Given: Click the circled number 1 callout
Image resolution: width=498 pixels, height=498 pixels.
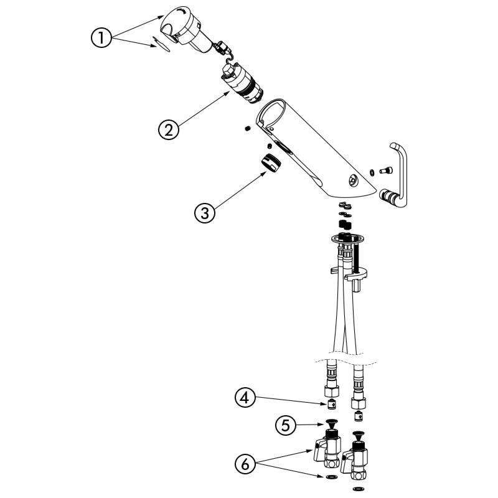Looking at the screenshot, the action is coord(101,38).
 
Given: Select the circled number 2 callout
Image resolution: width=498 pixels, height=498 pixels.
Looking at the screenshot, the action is coord(169,129).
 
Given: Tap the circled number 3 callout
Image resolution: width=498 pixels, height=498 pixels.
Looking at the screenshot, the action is coord(205,212).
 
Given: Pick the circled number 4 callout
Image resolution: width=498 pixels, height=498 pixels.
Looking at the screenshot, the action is coord(245,398).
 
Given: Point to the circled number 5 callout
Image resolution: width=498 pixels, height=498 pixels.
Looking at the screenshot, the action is coord(286,425).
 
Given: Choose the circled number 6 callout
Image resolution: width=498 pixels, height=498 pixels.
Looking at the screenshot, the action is coord(245,464).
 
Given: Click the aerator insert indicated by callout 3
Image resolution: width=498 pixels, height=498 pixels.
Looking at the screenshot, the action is coord(271,162).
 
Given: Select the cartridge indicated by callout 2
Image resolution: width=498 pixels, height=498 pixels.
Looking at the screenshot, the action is coord(242,83).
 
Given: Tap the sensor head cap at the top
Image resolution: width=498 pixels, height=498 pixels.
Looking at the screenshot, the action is coord(186,29).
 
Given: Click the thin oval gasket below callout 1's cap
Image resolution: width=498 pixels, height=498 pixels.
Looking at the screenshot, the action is coord(161,44).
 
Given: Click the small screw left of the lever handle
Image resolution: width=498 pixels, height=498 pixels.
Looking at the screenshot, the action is coord(386,171).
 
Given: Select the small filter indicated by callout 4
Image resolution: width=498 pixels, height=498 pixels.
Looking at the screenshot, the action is coord(332,405).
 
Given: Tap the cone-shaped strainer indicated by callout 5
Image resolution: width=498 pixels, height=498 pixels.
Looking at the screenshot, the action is coord(332,424).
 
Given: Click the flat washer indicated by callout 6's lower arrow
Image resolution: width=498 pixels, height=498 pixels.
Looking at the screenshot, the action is coord(332,477).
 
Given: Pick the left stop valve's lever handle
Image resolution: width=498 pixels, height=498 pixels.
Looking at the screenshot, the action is coord(319,449).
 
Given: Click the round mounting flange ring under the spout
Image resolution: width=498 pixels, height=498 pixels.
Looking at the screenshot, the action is coord(347,239).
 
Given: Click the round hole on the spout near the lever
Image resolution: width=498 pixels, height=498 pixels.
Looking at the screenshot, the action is coord(352,180).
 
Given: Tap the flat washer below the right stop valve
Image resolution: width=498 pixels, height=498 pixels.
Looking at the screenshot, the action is coord(359,489).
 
